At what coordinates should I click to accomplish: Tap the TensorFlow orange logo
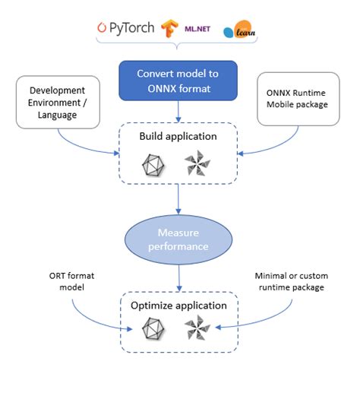tap(169, 28)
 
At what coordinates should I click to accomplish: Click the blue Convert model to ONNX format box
tap(177, 80)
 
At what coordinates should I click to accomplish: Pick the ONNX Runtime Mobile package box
tap(302, 99)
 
